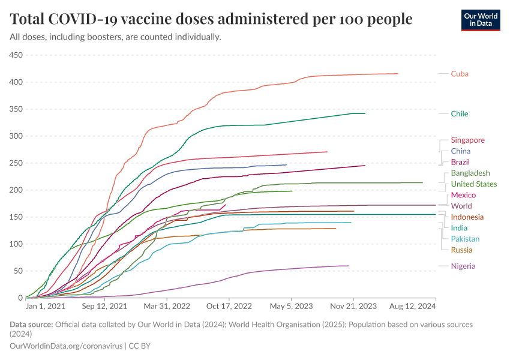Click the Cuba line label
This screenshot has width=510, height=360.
460,74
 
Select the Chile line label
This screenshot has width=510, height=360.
460,113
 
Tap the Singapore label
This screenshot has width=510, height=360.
468,140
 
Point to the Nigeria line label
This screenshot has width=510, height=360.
463,266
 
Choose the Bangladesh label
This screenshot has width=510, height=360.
470,173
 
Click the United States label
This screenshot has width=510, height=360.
474,184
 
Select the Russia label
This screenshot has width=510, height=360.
461,250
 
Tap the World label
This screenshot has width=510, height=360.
461,206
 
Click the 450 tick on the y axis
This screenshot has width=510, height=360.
16,55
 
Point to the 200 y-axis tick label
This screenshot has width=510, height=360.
16,190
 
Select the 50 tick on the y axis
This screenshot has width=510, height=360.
18,271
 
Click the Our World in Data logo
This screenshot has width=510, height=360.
481,19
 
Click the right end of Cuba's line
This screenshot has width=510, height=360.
397,74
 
